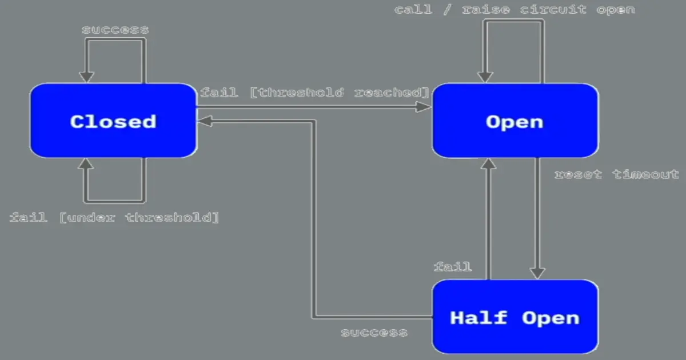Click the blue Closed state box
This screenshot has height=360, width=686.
pyautogui.click(x=113, y=121)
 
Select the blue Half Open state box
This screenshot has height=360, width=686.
pyautogui.click(x=514, y=317)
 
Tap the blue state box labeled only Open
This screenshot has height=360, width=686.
pyautogui.click(x=514, y=121)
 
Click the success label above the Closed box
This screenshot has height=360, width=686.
pyautogui.click(x=115, y=30)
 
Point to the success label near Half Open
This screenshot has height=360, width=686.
pyautogui.click(x=374, y=333)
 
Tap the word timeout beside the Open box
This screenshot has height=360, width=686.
pyautogui.click(x=646, y=174)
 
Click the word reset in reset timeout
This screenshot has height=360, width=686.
pyautogui.click(x=578, y=174)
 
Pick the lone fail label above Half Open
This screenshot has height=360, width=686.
pyautogui.click(x=453, y=266)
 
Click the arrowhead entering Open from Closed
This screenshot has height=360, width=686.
pyautogui.click(x=424, y=106)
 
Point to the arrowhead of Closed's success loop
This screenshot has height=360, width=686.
pyautogui.click(x=86, y=76)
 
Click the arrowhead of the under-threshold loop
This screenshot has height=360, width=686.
pyautogui.click(x=86, y=165)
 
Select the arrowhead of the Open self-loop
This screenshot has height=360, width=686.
pyautogui.click(x=485, y=76)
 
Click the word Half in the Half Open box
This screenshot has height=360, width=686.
pyautogui.click(x=478, y=317)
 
